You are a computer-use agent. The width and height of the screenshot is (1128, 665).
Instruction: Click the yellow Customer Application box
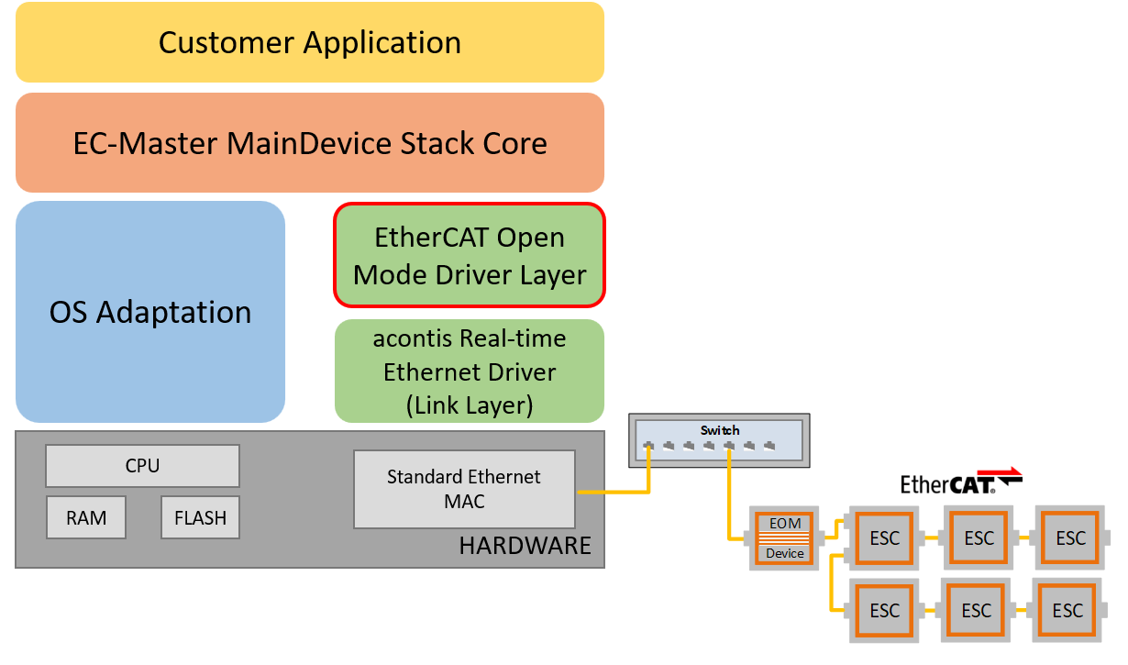pyautogui.click(x=310, y=42)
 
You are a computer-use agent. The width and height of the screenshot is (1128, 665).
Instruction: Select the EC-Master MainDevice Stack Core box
pyautogui.click(x=310, y=142)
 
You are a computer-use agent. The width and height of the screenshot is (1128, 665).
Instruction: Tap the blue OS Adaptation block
pyautogui.click(x=150, y=312)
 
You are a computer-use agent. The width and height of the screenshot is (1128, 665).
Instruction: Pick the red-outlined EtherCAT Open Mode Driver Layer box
pyautogui.click(x=470, y=255)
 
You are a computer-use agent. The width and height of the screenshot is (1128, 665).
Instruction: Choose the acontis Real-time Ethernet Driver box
pyautogui.click(x=470, y=371)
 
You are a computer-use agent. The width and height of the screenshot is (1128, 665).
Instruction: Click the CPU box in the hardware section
pyautogui.click(x=142, y=466)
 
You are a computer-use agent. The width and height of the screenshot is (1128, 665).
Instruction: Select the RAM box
pyautogui.click(x=86, y=517)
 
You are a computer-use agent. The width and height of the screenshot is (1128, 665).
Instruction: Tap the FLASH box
pyautogui.click(x=200, y=517)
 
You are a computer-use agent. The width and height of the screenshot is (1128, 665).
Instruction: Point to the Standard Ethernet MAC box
pyautogui.click(x=464, y=489)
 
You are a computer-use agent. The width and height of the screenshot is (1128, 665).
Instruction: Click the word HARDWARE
pyautogui.click(x=525, y=547)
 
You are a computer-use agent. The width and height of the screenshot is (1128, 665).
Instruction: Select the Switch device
pyautogui.click(x=720, y=438)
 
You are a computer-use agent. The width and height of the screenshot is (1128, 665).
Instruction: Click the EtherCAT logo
pyautogui.click(x=961, y=481)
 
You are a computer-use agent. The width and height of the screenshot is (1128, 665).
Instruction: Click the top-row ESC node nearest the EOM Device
pyautogui.click(x=885, y=538)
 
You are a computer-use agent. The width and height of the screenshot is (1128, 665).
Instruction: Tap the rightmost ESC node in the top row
pyautogui.click(x=1070, y=538)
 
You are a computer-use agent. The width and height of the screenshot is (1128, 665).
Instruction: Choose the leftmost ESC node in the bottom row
pyautogui.click(x=885, y=611)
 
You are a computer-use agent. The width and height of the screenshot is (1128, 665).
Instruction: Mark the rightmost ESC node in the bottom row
pyautogui.click(x=1067, y=611)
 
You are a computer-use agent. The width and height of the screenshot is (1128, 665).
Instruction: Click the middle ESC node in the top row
pyautogui.click(x=979, y=538)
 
